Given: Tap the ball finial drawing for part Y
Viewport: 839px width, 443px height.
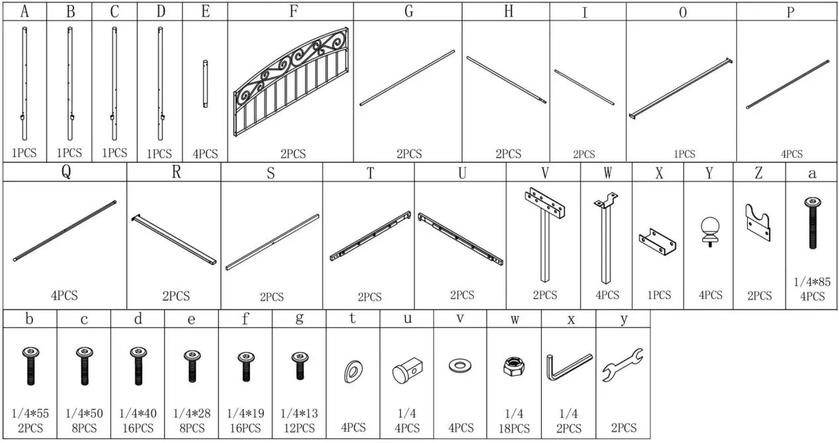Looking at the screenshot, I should pyautogui.click(x=709, y=231).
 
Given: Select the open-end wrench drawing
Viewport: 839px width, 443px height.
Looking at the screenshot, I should pyautogui.click(x=623, y=366).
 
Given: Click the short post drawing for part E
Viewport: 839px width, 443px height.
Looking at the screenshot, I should pyautogui.click(x=205, y=84).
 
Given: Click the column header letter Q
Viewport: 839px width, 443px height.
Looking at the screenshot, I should pyautogui.click(x=66, y=172).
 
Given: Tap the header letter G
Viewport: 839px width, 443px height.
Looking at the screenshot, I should pyautogui.click(x=408, y=11).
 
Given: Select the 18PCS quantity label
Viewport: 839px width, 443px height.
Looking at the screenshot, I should pyautogui.click(x=514, y=428).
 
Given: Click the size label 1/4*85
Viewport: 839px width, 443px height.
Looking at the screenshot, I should pyautogui.click(x=812, y=281).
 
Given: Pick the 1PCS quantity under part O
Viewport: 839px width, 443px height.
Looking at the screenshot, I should pyautogui.click(x=684, y=154).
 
